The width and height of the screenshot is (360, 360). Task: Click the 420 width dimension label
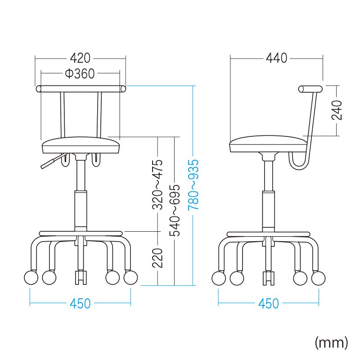(x=80, y=58)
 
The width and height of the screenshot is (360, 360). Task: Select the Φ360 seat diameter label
(x=80, y=74)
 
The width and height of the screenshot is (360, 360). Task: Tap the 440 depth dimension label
(x=276, y=58)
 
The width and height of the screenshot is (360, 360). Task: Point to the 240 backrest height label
(x=337, y=110)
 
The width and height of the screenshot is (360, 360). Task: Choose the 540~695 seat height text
(x=175, y=210)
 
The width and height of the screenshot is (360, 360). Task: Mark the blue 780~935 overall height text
(x=193, y=185)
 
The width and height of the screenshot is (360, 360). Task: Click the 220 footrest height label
(x=157, y=258)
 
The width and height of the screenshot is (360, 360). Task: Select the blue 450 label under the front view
(x=80, y=303)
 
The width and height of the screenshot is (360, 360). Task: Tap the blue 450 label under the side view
(x=268, y=303)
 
